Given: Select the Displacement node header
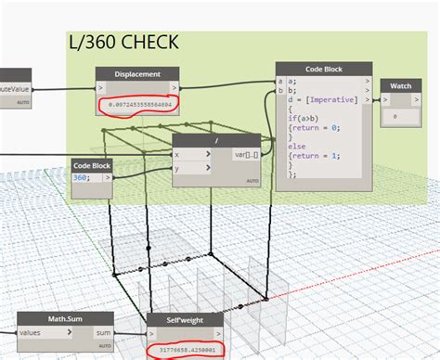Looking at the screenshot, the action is tap(136, 74).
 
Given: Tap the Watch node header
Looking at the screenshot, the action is tap(400, 86).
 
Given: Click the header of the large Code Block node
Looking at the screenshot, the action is tap(324, 70).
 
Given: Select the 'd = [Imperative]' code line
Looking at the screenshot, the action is tap(321, 98).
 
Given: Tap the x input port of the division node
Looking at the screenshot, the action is tap(179, 155).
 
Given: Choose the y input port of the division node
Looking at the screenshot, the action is tap(179, 168).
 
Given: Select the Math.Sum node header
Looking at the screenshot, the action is tap(44, 318).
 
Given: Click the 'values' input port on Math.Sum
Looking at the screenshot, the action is tap(32, 332).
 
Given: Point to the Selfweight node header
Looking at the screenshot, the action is tap(185, 320).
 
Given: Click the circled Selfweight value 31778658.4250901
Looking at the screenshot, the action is tap(199, 351).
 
